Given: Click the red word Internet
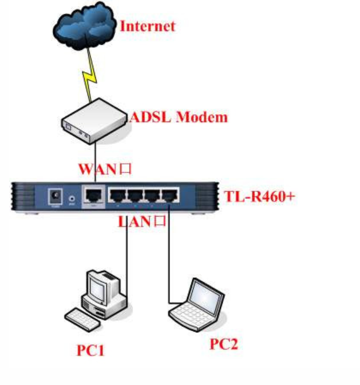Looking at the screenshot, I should click(x=147, y=26).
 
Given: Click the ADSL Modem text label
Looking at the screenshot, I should click(x=179, y=117).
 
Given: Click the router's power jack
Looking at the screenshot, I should click(x=56, y=197).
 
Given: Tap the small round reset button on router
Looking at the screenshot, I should click(x=72, y=199).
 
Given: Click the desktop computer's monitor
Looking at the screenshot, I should click(x=101, y=285).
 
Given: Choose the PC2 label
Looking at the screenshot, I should click(x=223, y=344).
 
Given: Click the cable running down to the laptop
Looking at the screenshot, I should click(x=169, y=258).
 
